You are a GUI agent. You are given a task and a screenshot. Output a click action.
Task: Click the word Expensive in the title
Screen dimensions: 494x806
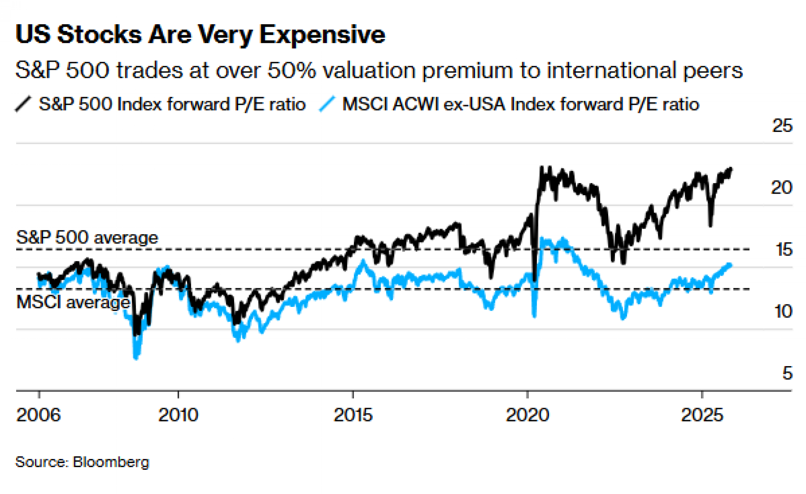click(322, 35)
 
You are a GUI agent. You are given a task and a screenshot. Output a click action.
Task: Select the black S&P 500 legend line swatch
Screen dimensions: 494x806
click(23, 104)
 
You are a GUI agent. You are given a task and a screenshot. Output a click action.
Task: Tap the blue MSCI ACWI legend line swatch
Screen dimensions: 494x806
click(327, 104)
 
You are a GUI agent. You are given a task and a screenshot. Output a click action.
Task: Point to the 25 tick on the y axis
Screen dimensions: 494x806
click(782, 126)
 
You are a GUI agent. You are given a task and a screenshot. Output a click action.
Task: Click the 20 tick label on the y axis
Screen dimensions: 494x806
click(781, 188)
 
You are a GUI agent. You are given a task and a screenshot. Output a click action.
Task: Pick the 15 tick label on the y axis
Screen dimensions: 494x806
click(784, 250)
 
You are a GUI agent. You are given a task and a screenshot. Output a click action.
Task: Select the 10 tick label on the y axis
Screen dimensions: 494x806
click(783, 312)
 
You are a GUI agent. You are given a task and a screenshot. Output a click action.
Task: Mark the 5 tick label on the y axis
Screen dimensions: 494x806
click(787, 373)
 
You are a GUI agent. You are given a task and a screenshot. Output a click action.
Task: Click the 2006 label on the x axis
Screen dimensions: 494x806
click(38, 415)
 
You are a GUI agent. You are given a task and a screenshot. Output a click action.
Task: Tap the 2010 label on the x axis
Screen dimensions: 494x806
click(178, 415)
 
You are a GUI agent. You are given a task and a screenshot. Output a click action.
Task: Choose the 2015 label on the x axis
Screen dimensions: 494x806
click(353, 415)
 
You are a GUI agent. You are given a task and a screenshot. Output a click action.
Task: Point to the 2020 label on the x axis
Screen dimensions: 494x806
click(528, 415)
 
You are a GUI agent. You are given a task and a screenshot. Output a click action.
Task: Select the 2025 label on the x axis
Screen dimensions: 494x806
click(702, 415)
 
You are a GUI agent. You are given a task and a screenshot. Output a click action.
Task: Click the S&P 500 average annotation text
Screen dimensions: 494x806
click(87, 238)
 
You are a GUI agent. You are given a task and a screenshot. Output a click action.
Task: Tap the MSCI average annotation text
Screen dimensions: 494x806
click(73, 302)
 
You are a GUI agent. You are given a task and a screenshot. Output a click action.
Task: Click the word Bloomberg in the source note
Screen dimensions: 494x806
click(111, 462)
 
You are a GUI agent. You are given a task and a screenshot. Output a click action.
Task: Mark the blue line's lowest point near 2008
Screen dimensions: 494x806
click(136, 357)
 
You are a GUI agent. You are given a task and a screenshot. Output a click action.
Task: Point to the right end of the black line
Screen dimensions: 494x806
click(731, 169)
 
